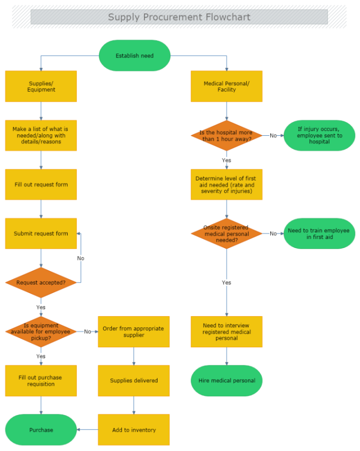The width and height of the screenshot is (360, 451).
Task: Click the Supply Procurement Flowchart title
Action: [179, 17]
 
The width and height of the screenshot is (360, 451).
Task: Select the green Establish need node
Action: [134, 56]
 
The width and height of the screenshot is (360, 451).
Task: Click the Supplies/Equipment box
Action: [41, 86]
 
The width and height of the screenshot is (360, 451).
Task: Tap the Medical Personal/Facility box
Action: [227, 86]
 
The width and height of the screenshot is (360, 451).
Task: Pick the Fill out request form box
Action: [41, 184]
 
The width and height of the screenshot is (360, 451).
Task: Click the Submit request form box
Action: [41, 234]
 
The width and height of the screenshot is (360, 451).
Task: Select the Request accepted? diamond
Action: [41, 283]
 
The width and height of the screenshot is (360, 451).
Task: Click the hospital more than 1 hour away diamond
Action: [227, 135]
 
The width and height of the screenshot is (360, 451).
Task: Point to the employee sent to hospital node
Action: [319, 135]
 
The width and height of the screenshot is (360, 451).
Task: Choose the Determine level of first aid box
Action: [227, 184]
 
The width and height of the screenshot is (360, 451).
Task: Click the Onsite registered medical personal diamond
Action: [227, 234]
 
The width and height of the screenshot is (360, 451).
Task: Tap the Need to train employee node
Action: [319, 234]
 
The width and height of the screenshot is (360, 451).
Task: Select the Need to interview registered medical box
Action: [227, 332]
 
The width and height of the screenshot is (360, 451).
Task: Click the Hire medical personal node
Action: [227, 381]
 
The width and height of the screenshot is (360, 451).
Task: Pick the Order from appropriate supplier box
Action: [133, 332]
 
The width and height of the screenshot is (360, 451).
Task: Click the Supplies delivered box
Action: [133, 381]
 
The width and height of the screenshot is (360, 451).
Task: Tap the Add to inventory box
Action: [133, 430]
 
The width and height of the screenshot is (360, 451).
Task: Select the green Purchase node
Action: [41, 430]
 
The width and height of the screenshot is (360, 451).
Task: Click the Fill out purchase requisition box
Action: [41, 381]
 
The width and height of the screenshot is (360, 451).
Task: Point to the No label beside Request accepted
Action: [81, 258]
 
